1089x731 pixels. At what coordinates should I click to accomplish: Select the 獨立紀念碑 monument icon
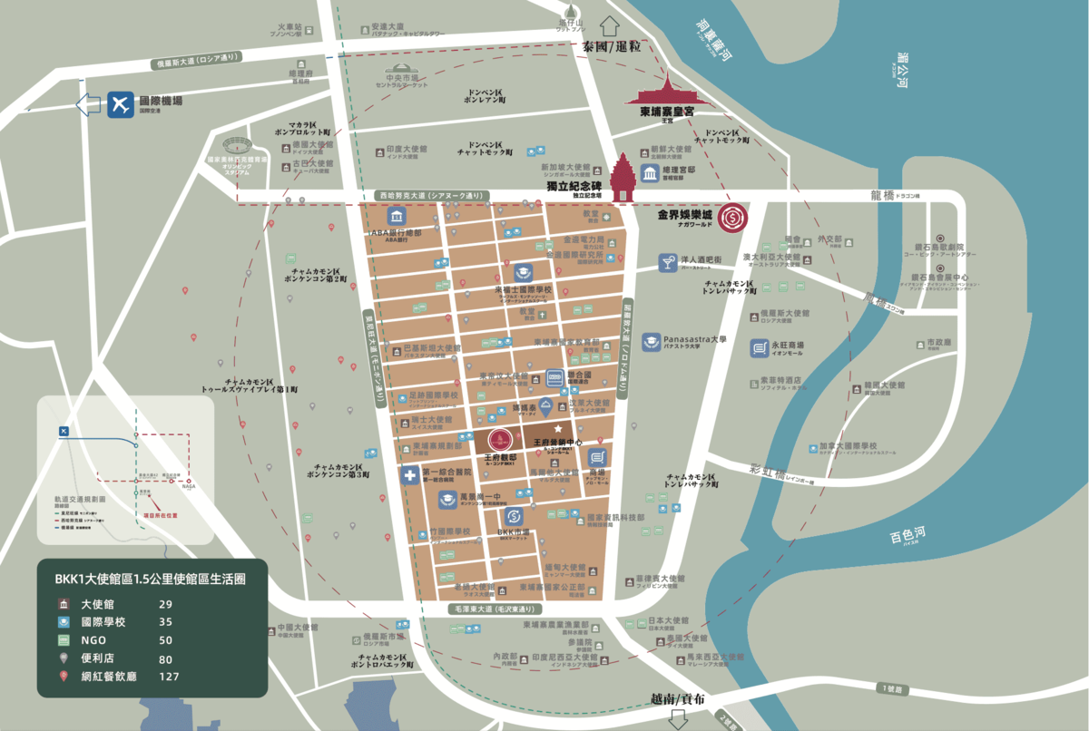624,178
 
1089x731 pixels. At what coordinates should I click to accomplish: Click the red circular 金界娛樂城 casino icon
731,218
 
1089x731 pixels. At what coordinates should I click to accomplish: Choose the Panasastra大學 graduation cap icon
651,342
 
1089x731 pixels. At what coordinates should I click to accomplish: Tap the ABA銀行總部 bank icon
397,217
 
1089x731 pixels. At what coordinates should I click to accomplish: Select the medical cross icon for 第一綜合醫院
410,475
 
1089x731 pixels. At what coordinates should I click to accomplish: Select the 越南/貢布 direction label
678,699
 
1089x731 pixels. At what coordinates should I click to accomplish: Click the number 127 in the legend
169,676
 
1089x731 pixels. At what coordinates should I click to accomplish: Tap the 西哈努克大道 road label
431,196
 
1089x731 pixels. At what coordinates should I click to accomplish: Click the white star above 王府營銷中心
559,427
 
